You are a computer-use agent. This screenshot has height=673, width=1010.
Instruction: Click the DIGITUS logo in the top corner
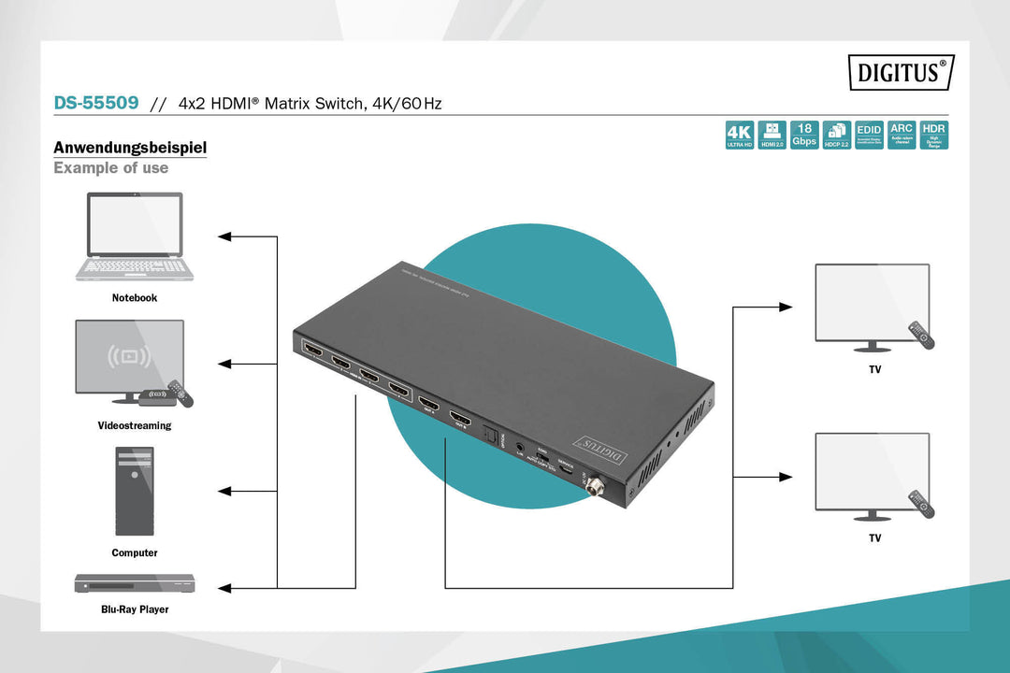[901, 72]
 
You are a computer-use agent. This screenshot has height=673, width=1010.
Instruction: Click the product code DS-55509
[96, 103]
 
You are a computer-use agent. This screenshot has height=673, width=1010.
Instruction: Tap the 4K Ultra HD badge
[739, 135]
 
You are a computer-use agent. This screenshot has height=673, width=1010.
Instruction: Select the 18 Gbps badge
[804, 135]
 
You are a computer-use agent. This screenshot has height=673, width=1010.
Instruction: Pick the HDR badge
[933, 135]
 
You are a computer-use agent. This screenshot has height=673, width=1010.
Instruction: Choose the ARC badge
[902, 135]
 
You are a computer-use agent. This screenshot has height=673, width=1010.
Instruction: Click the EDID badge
[869, 135]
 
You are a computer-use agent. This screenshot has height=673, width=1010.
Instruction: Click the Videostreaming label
[135, 425]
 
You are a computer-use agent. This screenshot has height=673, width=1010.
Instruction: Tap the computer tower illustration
[134, 491]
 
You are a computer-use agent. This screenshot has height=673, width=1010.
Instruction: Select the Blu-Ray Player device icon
[136, 583]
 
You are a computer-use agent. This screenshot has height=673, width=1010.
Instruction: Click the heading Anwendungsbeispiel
[130, 148]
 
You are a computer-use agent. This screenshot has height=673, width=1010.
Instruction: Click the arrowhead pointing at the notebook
[224, 236]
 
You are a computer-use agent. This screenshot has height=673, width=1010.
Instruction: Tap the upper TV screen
[872, 301]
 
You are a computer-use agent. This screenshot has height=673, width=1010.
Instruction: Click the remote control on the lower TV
[922, 505]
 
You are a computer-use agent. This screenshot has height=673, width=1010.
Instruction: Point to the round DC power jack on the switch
[591, 484]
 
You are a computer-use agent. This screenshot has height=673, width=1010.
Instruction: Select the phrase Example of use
[110, 168]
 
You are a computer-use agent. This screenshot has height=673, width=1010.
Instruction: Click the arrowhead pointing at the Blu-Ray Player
[224, 588]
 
